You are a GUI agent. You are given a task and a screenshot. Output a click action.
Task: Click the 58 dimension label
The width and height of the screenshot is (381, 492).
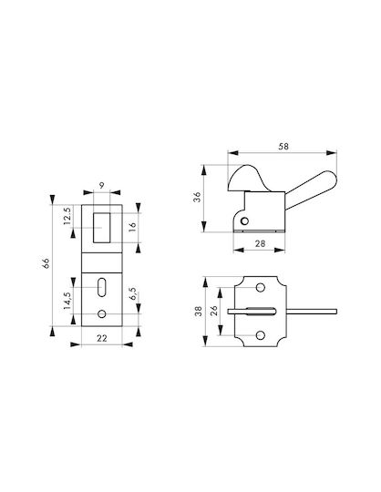(283, 146)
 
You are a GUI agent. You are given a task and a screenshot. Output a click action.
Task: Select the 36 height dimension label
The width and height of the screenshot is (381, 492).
(197, 197)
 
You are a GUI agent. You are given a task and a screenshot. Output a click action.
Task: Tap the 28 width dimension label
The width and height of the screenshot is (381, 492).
(260, 243)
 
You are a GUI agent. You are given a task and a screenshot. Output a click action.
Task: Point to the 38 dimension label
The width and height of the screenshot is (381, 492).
(199, 312)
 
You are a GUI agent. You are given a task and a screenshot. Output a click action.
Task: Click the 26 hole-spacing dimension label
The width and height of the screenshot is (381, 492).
(213, 311)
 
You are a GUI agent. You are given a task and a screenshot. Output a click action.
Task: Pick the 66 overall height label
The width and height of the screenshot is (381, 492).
(46, 263)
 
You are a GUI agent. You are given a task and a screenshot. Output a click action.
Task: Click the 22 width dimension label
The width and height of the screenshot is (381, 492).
(102, 338)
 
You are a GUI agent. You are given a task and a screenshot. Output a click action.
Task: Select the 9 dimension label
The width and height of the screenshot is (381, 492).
(101, 186)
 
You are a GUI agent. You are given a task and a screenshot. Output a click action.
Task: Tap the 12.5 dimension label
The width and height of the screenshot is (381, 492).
(67, 216)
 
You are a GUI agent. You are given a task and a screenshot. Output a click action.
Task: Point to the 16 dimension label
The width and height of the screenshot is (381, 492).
(133, 227)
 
